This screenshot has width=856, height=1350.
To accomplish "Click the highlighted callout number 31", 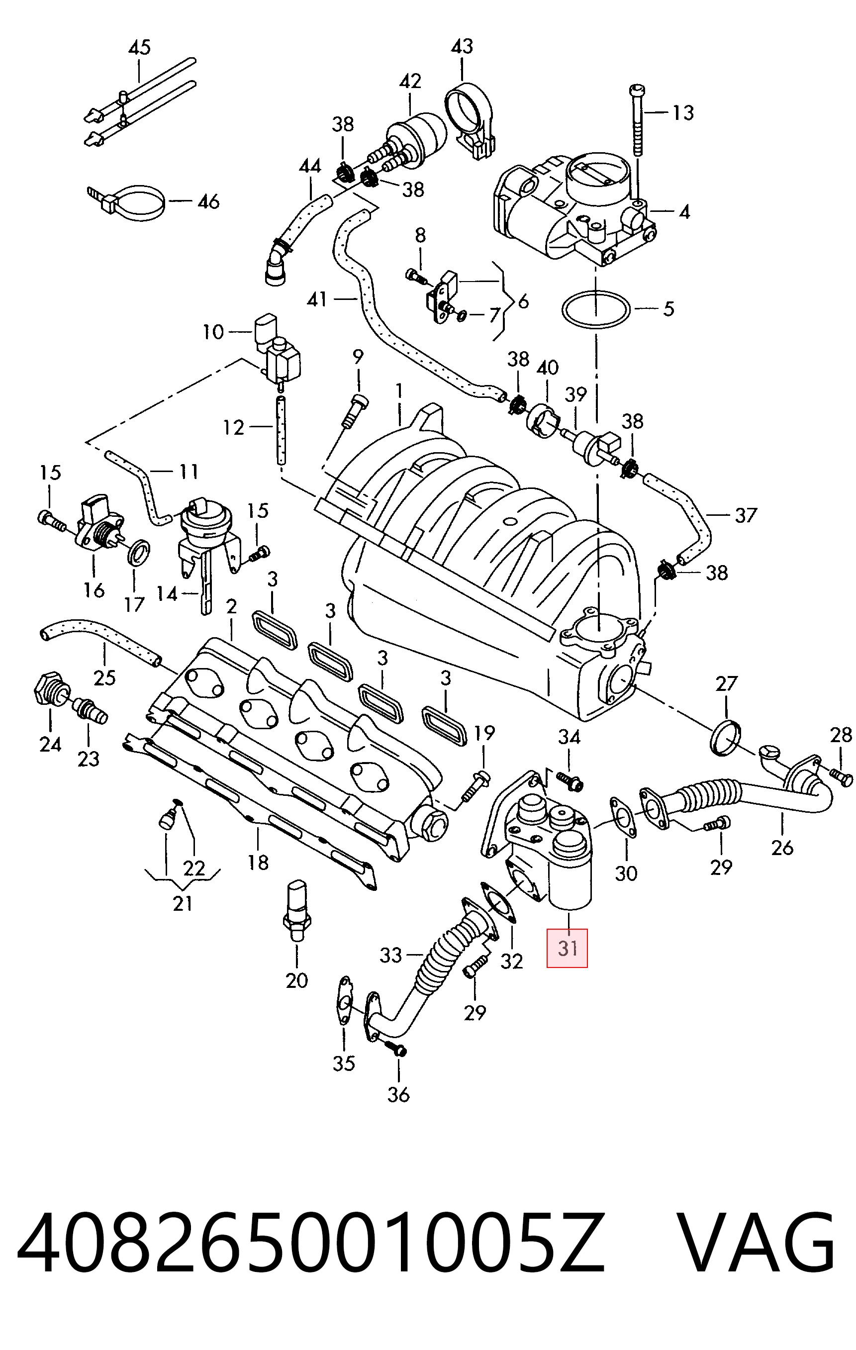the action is (x=568, y=948).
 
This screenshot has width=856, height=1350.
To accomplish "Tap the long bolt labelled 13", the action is (x=637, y=120).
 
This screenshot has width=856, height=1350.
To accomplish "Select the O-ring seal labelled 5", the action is (x=596, y=309).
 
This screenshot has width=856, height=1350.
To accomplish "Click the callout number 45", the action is (x=140, y=47).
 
